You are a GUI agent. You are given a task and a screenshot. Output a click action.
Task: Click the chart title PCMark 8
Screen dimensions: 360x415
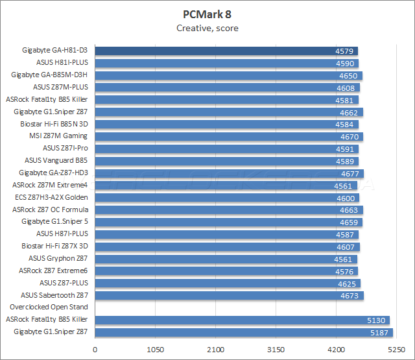coord(207,14)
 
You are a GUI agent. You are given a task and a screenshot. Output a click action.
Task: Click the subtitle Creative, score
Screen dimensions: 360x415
coord(207,28)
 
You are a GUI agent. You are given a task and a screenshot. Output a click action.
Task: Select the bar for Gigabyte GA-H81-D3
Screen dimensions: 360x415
coord(226,51)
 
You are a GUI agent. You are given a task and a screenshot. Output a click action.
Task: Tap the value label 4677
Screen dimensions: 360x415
coord(351,173)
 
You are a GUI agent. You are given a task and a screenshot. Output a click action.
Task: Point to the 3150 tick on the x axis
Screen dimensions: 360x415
coord(276,350)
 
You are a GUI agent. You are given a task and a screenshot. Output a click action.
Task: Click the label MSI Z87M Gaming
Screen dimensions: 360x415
coord(58,136)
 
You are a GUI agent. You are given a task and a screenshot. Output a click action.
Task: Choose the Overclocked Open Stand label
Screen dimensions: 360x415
coord(49,307)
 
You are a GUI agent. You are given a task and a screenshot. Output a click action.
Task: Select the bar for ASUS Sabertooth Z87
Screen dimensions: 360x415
coord(229,295)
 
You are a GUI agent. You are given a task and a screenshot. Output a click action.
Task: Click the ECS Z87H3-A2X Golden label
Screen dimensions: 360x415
coord(51,197)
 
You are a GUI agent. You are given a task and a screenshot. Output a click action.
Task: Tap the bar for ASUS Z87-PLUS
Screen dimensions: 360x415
coord(228,283)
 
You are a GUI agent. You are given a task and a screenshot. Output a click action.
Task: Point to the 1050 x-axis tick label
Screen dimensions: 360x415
coord(155,350)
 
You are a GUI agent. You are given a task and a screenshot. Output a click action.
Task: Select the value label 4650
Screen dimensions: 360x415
coord(348,75)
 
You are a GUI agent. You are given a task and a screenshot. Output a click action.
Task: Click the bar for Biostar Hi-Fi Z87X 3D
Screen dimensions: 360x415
coord(227,246)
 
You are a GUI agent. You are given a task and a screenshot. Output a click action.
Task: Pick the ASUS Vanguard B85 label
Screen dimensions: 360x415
coord(56,161)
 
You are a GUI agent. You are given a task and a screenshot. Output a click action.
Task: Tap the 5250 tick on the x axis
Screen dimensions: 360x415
coord(396,350)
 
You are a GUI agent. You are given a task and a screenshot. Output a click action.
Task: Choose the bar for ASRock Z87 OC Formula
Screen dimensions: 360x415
coord(229,210)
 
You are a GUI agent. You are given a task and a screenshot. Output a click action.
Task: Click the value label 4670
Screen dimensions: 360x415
coord(350,136)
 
